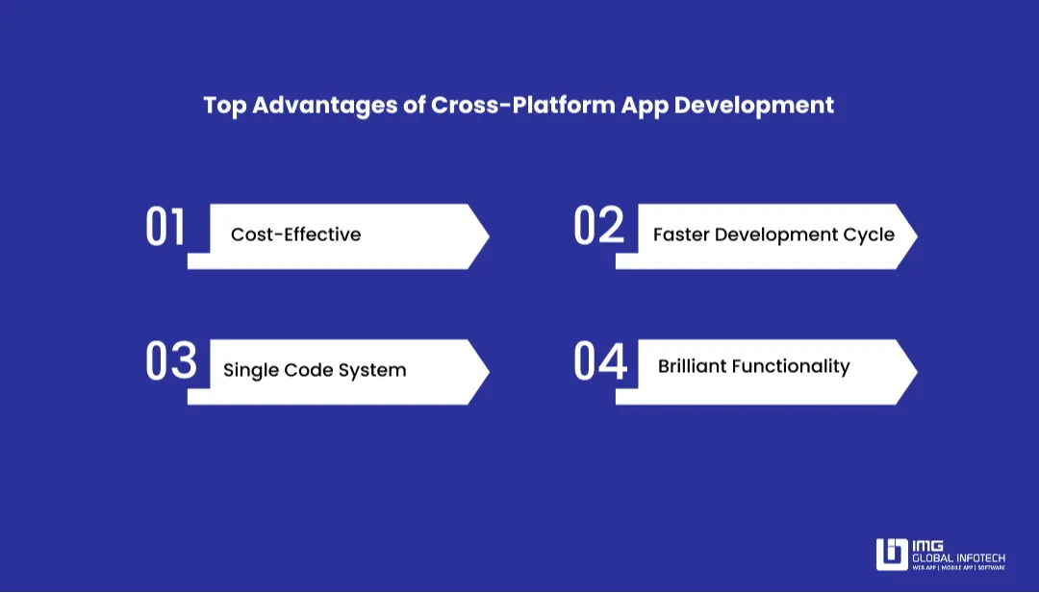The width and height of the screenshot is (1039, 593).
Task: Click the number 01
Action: (165, 227)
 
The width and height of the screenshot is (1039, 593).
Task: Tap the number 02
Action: (598, 227)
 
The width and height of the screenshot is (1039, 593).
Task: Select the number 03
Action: (170, 361)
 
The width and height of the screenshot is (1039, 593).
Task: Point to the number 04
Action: (600, 361)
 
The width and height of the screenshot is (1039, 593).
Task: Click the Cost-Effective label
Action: (295, 235)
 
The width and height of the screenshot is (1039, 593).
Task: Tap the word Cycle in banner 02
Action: (868, 235)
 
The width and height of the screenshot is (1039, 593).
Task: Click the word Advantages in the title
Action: (327, 105)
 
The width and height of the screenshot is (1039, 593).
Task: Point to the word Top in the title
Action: (224, 105)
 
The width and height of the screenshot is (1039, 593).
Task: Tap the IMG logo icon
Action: (891, 554)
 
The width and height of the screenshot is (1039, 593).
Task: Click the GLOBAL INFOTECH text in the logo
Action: (958, 557)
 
